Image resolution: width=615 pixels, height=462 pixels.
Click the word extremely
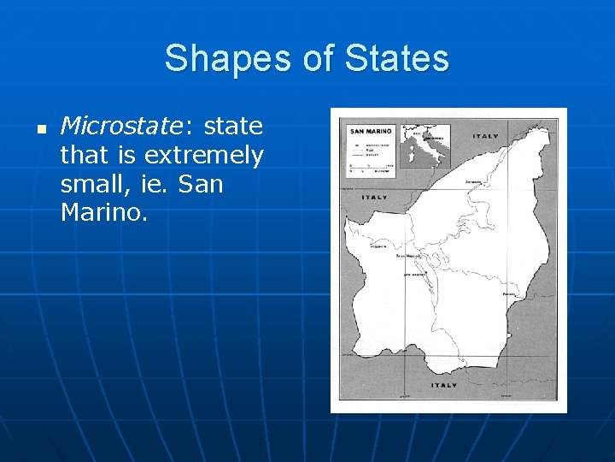[204, 156]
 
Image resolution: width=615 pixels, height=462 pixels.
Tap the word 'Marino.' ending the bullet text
[104, 211]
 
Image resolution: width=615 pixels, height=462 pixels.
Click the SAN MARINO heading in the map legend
[369, 131]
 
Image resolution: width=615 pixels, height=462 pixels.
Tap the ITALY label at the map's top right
[487, 136]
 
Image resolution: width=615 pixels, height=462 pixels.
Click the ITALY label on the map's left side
[374, 197]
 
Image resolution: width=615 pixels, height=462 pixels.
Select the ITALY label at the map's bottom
[445, 385]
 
